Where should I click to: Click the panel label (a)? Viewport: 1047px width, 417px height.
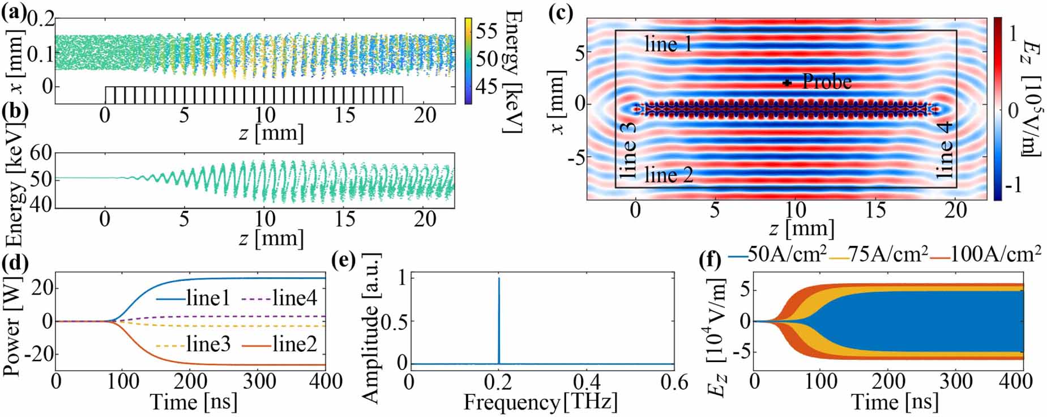click(x=12, y=12)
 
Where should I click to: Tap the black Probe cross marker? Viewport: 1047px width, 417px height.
click(x=787, y=83)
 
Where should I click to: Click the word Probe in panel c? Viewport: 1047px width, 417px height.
click(x=827, y=82)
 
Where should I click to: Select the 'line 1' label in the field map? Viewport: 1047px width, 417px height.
click(x=668, y=44)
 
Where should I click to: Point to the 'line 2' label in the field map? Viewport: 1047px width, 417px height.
click(x=669, y=175)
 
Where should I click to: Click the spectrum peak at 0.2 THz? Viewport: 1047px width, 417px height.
click(x=499, y=279)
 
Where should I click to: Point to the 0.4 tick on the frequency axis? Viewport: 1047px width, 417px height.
click(x=586, y=382)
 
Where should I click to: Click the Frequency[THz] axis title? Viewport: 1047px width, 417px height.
click(x=540, y=402)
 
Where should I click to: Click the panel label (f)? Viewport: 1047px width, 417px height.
click(x=711, y=261)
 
